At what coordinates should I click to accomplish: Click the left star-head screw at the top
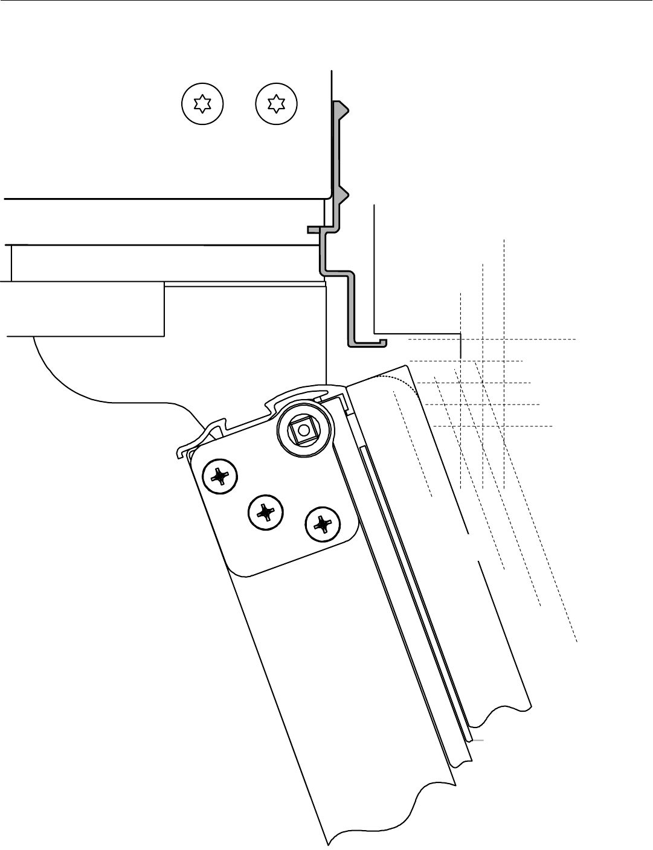click(202, 104)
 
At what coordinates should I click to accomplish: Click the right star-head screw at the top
click(277, 104)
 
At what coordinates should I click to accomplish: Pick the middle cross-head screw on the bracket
click(265, 513)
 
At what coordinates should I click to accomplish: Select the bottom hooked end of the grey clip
click(381, 342)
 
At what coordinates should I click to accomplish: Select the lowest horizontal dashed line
click(492, 426)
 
